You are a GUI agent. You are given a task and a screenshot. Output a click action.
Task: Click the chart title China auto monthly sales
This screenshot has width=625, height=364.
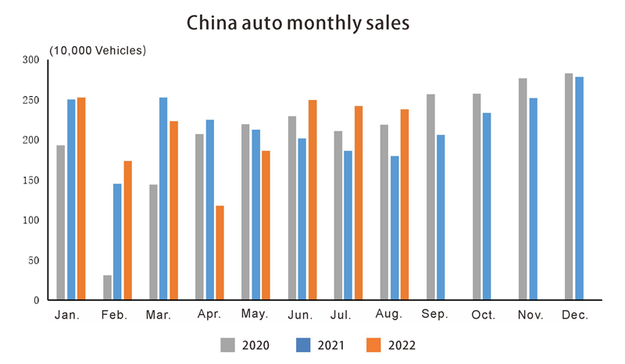click(298, 23)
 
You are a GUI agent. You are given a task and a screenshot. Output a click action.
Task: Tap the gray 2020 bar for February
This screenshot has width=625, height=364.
click(107, 287)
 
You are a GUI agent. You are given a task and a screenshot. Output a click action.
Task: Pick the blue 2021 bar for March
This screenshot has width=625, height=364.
click(162, 198)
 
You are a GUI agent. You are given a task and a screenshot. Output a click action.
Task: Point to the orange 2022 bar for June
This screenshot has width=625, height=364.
click(312, 200)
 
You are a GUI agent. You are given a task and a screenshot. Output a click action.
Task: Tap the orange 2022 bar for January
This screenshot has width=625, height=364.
click(82, 198)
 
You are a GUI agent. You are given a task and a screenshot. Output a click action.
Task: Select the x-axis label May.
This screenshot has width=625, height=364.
click(255, 315)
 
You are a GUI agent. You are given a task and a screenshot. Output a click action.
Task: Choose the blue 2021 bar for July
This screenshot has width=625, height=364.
click(348, 225)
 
